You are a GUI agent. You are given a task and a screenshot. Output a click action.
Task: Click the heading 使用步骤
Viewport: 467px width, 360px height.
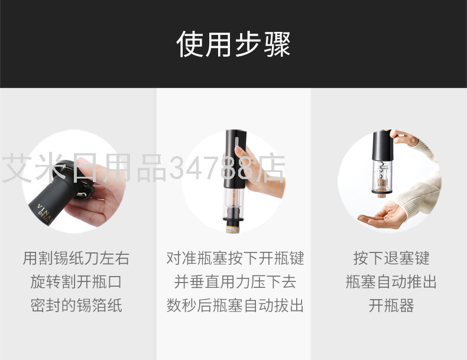tap(233, 44)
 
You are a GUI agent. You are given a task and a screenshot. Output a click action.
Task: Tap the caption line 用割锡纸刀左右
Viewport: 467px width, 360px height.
tap(76, 258)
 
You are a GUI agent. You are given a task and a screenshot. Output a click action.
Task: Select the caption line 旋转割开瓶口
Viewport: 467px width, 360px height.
tap(76, 282)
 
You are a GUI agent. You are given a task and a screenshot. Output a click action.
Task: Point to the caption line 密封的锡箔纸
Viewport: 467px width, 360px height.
tap(76, 305)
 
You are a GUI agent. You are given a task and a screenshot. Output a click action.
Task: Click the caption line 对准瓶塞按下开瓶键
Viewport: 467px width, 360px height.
tap(235, 258)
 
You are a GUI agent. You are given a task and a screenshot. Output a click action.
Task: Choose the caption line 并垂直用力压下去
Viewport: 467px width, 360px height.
tap(235, 282)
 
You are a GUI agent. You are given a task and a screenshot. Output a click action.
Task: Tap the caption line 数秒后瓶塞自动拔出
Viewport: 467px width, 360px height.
tap(235, 305)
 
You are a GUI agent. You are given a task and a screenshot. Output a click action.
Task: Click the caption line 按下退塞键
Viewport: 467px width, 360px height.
tap(391, 258)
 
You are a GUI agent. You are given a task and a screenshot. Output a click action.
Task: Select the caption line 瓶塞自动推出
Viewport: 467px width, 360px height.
tap(391, 282)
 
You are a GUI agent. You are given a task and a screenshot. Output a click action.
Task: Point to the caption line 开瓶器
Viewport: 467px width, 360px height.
tap(391, 305)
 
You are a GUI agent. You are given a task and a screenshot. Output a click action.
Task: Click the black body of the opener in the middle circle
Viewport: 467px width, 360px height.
tap(235, 159)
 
